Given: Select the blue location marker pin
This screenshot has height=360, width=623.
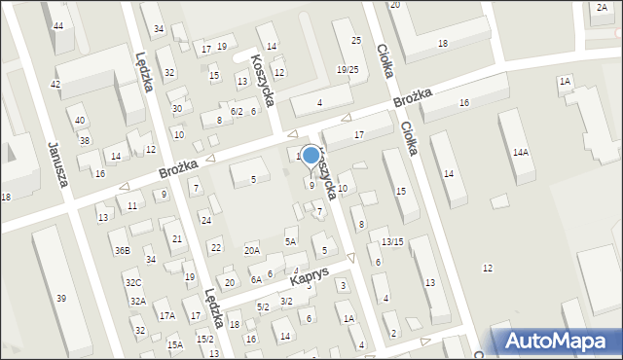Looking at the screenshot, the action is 311,156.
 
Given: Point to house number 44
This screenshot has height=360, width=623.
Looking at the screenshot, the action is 58,24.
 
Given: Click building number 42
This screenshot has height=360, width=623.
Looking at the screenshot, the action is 55,85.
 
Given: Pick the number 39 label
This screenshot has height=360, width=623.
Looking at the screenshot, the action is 61,297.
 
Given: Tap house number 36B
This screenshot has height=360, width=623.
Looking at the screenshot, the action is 122,250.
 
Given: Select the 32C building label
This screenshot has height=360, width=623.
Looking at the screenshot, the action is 132,282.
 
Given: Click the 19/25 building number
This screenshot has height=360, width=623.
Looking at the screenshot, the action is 348,69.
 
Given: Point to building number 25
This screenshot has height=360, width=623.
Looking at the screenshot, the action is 356,40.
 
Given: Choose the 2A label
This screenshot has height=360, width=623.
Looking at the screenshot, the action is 601,7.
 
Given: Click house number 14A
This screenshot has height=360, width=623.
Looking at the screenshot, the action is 521,152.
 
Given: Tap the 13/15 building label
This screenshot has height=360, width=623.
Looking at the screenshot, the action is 392,241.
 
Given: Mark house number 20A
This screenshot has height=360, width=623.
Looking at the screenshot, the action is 252,250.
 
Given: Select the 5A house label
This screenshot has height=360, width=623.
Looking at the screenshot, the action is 290,241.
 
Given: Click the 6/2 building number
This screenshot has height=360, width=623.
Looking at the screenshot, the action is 237,112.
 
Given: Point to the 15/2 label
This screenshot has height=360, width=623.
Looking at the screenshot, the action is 204,339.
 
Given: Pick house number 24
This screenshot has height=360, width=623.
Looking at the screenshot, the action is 206,220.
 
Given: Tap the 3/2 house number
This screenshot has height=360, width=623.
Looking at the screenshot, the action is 286,302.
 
